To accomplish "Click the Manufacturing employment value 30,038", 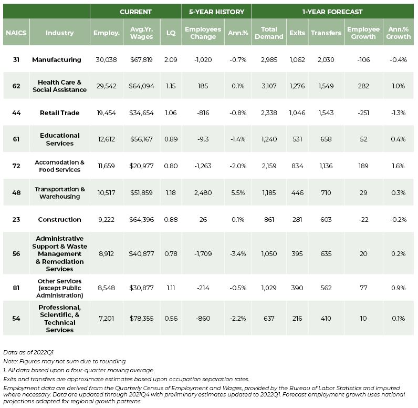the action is point(106,59).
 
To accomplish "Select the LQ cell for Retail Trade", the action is point(171,113).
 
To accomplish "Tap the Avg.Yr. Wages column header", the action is point(142,33).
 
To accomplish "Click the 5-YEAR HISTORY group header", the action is point(216,12).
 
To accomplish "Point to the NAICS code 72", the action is point(16,166).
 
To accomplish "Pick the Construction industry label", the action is point(59,219).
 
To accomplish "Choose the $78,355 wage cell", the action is point(142,318).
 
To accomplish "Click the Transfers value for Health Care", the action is point(326,86).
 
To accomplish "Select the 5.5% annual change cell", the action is point(238,192).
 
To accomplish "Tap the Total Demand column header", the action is point(269,33).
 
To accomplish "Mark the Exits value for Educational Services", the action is point(297,139).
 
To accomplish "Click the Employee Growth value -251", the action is point(363,113).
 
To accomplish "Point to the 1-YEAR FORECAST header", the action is point(332,12).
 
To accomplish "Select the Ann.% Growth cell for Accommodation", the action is point(398,166).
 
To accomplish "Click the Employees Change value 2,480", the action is point(203,192).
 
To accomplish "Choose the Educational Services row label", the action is point(60,139).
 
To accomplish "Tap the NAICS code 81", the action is point(16,288).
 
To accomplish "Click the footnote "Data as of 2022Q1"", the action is point(28,352).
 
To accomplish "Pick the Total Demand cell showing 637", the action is point(269,318).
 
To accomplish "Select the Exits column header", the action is point(297,33).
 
